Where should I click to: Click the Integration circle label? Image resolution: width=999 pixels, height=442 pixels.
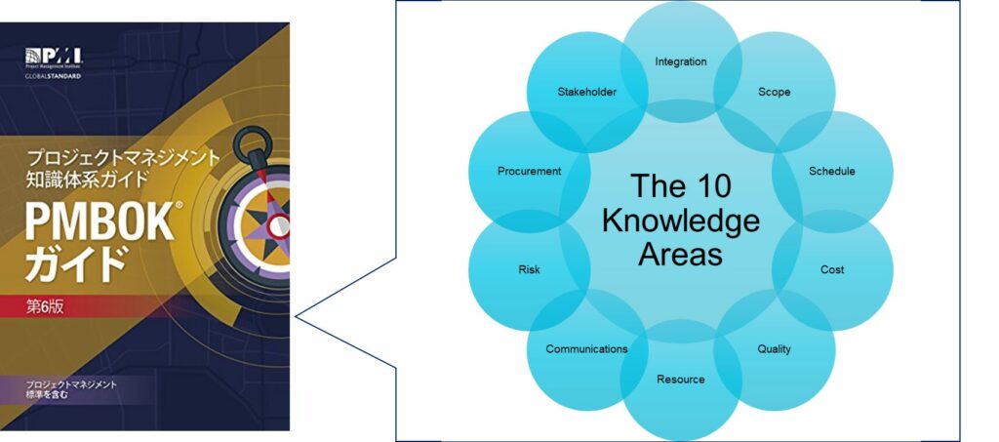(x=680, y=61)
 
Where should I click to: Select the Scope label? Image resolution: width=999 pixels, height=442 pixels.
(x=774, y=92)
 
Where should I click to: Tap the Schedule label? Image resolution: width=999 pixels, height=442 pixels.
(x=832, y=171)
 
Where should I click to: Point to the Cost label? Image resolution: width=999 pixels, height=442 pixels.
(x=832, y=269)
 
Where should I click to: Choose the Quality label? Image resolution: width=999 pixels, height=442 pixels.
(x=774, y=349)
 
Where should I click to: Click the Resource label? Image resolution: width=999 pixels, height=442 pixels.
(x=680, y=379)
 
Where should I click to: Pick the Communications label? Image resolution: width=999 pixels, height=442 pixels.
(x=586, y=349)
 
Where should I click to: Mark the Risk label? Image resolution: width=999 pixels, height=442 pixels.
(x=529, y=269)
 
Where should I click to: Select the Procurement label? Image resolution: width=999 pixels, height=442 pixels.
(x=529, y=171)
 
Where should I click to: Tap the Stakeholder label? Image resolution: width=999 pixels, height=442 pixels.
(x=586, y=92)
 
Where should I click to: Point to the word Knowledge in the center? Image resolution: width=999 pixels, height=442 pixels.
(x=680, y=221)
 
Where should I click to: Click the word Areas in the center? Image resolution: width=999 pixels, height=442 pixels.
(x=680, y=255)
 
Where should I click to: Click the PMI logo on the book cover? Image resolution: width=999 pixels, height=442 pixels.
(x=54, y=56)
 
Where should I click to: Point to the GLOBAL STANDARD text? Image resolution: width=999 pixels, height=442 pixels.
(x=54, y=76)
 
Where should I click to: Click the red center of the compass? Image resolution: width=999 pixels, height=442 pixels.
(x=278, y=225)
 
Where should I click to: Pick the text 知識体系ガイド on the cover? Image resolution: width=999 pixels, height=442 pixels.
(x=87, y=179)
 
